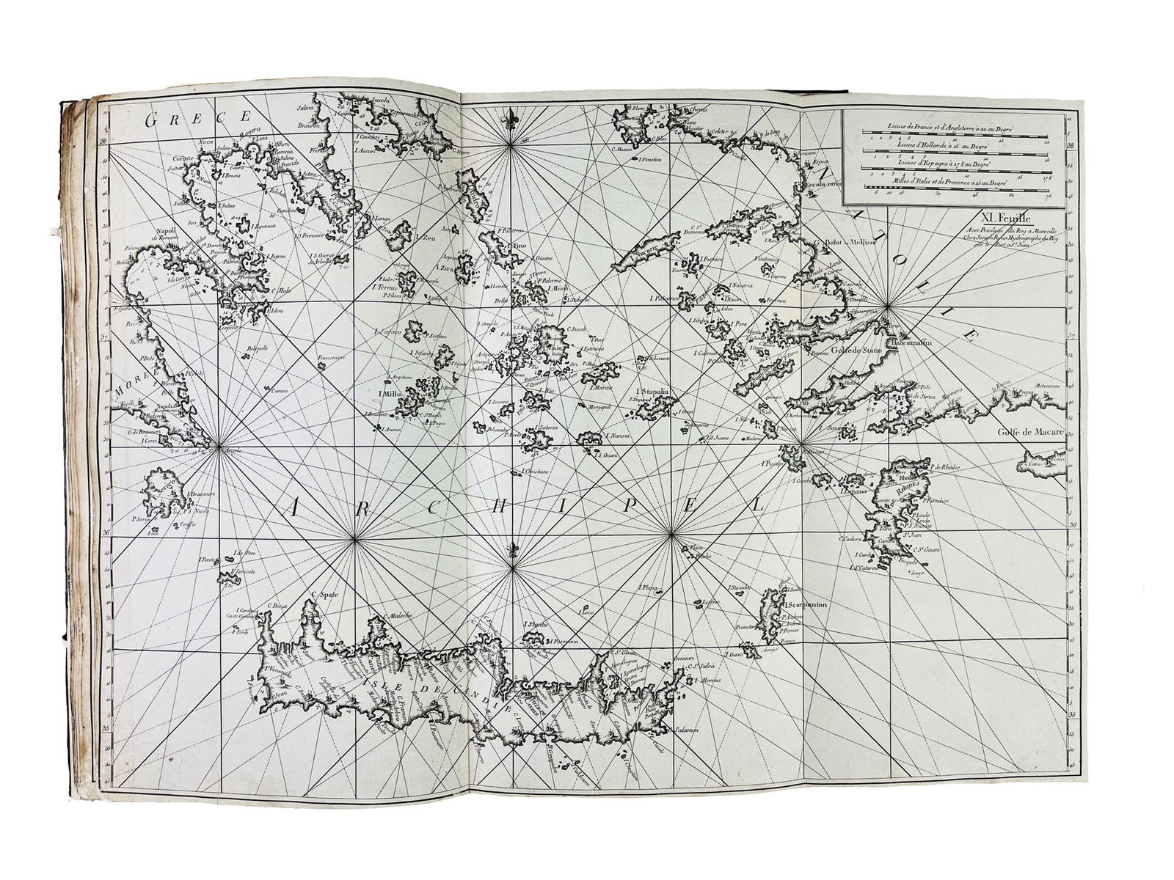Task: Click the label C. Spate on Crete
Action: click(x=323, y=595)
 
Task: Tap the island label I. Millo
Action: click(x=389, y=394)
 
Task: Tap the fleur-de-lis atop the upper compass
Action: click(x=510, y=119)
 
